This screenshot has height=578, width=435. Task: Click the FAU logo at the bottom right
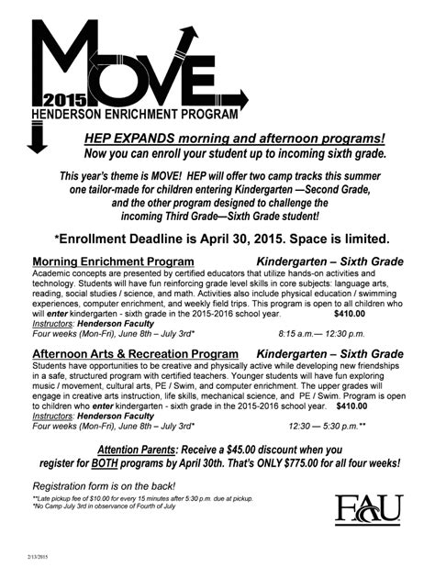(x=368, y=511)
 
